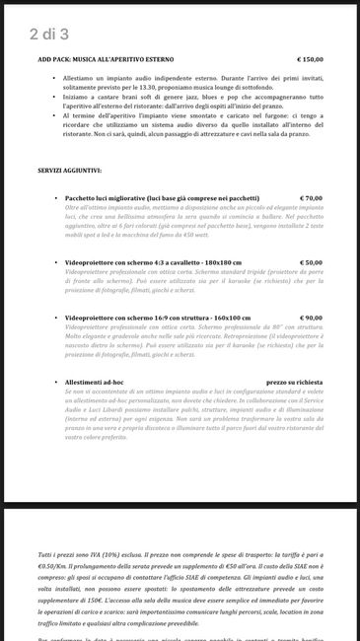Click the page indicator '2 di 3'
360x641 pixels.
click(49, 35)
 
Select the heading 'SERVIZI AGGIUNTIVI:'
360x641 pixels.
click(77, 171)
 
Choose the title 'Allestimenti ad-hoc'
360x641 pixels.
click(98, 382)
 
